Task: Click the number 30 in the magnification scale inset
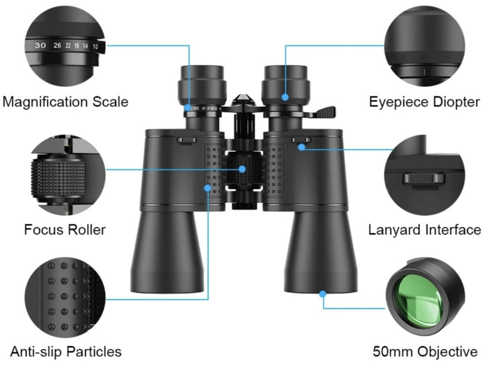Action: point(40,45)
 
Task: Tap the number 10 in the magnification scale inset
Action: point(95,47)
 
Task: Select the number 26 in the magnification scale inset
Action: point(57,45)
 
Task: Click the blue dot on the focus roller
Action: point(242,169)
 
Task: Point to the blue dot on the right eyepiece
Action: point(285,97)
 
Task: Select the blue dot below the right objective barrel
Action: point(323,294)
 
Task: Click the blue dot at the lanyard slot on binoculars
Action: point(301,147)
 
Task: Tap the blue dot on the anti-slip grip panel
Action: point(207,188)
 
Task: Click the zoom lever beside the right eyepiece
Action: point(324,112)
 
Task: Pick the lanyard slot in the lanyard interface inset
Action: point(424,179)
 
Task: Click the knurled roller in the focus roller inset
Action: point(58,179)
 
